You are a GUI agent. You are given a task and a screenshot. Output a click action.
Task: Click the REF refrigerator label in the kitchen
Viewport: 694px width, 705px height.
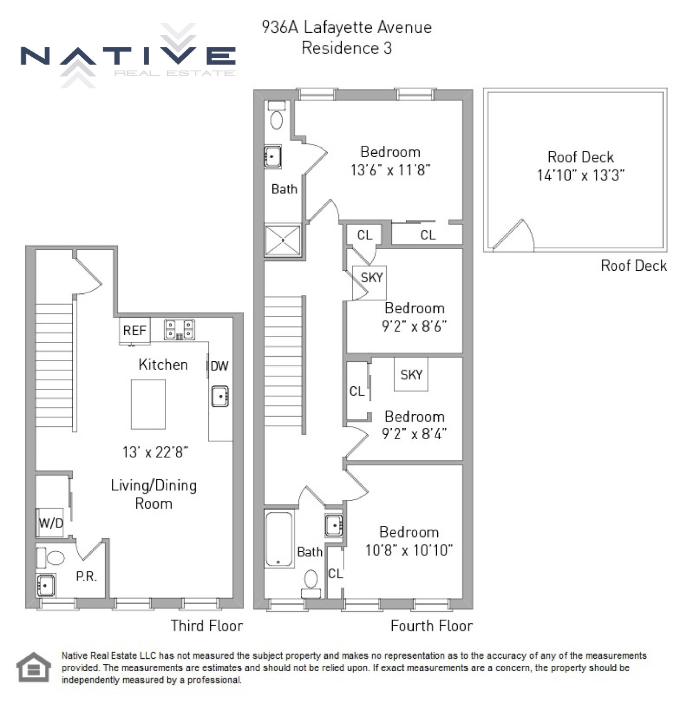coord(134,330)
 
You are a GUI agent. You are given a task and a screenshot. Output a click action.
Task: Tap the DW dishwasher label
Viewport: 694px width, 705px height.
coord(220,366)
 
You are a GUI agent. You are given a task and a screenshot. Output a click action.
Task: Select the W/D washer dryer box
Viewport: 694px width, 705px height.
coord(51,523)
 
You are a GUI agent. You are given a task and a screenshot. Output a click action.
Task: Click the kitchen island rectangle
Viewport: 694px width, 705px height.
coord(148,404)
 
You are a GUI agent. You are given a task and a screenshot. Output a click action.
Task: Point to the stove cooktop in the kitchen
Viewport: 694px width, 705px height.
coord(179,329)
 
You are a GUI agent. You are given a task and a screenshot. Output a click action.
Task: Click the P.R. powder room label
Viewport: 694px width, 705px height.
coord(86,577)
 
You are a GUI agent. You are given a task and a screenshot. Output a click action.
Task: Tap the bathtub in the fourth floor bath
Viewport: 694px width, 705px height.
coord(279,539)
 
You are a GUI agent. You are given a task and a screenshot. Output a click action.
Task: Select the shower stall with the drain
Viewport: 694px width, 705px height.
coord(283,240)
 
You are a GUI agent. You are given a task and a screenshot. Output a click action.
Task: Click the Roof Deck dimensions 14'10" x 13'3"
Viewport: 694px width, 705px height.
coord(581,175)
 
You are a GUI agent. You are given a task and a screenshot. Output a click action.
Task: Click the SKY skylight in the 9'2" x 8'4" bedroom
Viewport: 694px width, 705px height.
coord(411,375)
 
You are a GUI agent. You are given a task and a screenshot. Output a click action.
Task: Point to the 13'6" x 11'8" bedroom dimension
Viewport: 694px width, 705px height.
coord(390,170)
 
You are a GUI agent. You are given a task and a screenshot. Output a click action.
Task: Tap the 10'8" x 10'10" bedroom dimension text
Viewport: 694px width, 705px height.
coord(409,550)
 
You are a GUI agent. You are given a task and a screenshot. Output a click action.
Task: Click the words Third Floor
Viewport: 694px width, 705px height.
coord(206,626)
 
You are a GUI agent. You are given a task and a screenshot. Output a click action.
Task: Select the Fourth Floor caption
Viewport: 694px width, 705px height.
coord(431,626)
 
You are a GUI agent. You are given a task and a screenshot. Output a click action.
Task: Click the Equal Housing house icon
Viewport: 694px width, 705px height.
coord(33,667)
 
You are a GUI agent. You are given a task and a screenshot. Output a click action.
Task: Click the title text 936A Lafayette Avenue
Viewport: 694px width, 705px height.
coord(347,27)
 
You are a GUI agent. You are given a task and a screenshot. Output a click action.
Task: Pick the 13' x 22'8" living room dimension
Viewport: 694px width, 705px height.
coord(156,452)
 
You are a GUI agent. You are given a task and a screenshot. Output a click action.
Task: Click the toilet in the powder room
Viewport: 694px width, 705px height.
coord(52,558)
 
